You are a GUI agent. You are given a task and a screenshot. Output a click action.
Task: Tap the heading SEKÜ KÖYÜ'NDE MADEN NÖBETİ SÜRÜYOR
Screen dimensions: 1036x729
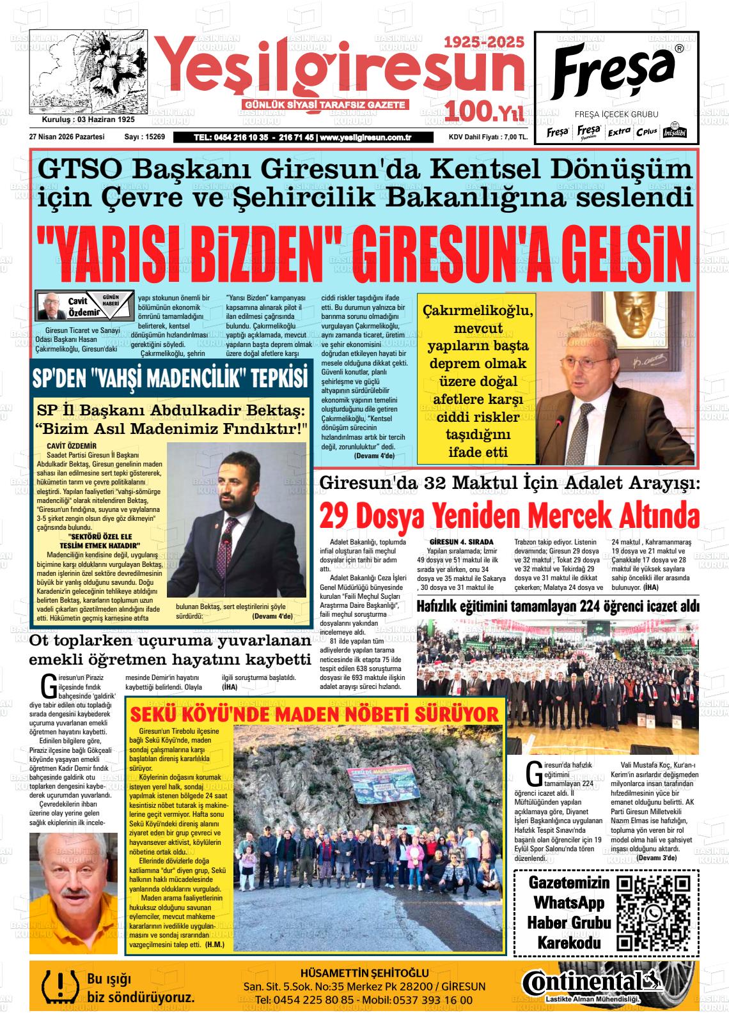click(315, 714)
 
